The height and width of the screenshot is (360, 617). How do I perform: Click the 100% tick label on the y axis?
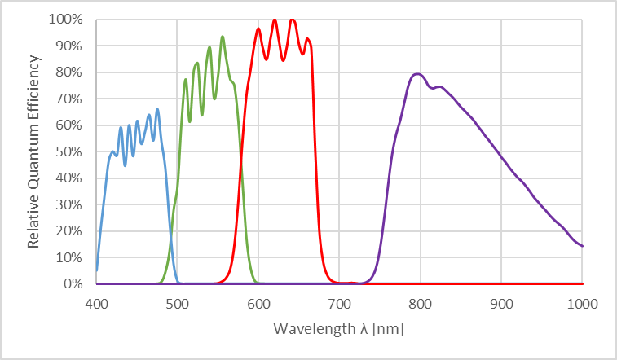65,19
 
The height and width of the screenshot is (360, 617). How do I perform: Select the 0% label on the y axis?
72,284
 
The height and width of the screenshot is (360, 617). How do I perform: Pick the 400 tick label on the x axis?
96,303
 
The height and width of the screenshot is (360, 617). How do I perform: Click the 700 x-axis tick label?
339,303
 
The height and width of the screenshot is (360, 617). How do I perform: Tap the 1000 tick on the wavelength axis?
582,303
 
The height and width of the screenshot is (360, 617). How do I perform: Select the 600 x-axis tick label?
258,303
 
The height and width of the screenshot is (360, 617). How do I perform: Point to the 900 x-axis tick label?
501,303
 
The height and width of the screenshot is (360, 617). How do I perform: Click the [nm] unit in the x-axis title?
390,330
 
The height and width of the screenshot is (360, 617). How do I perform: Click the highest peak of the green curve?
223,37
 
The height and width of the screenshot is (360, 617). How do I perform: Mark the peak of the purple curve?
417,74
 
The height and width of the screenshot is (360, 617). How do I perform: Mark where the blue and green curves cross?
171,241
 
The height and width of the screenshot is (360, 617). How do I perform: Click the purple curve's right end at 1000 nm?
582,245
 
